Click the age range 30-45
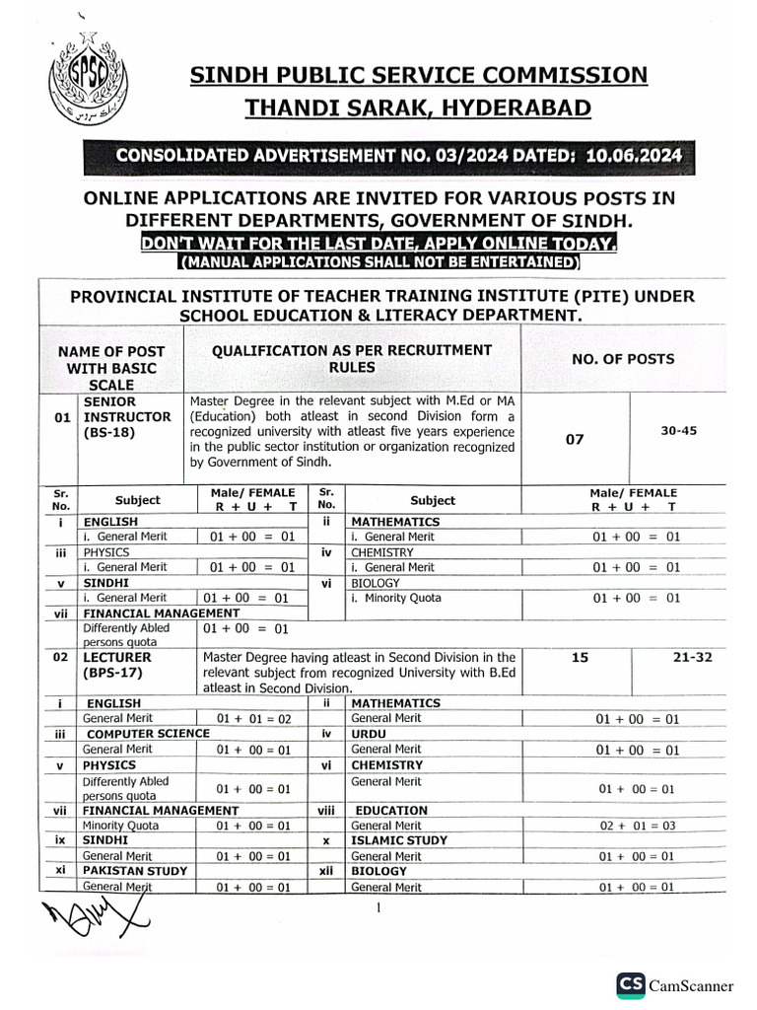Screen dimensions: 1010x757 click(x=677, y=430)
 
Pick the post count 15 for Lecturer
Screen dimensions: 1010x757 click(x=580, y=656)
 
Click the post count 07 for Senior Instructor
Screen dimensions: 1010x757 click(x=574, y=439)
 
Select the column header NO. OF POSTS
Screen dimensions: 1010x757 click(x=623, y=359)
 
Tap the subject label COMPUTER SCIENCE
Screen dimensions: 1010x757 click(x=148, y=733)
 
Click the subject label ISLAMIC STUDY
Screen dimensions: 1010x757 click(x=399, y=840)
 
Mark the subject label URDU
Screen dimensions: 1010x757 click(x=369, y=733)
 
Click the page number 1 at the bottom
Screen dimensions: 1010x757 click(x=378, y=908)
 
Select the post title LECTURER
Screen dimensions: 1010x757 click(x=117, y=656)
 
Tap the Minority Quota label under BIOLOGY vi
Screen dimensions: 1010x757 click(x=396, y=598)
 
